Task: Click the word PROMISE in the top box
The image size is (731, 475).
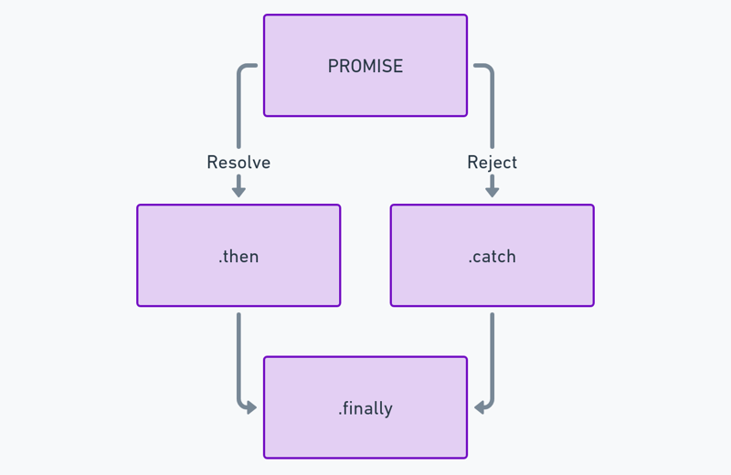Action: (x=365, y=66)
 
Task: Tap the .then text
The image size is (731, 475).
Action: (x=238, y=257)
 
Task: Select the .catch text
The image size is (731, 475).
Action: (x=492, y=257)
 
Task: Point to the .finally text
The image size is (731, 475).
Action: (x=365, y=409)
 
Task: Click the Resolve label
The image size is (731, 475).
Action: (x=238, y=163)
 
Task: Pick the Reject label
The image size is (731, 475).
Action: (x=492, y=163)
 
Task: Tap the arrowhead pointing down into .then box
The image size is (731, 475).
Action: (x=238, y=192)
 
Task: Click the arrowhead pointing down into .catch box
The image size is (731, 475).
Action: (x=493, y=192)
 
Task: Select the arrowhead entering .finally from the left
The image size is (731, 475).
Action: (x=252, y=408)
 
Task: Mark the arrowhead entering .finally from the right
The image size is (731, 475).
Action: (x=479, y=408)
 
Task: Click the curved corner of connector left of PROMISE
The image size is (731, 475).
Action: (x=241, y=69)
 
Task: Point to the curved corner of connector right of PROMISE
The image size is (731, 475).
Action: (x=490, y=69)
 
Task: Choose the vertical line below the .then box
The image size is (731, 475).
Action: (x=238, y=354)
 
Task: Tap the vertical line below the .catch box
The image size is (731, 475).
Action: (x=493, y=354)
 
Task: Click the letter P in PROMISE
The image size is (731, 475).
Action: (x=333, y=66)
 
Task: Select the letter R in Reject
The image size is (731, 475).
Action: (x=471, y=163)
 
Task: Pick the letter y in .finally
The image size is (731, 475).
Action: (x=387, y=411)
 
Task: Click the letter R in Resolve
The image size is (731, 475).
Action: (x=212, y=163)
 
